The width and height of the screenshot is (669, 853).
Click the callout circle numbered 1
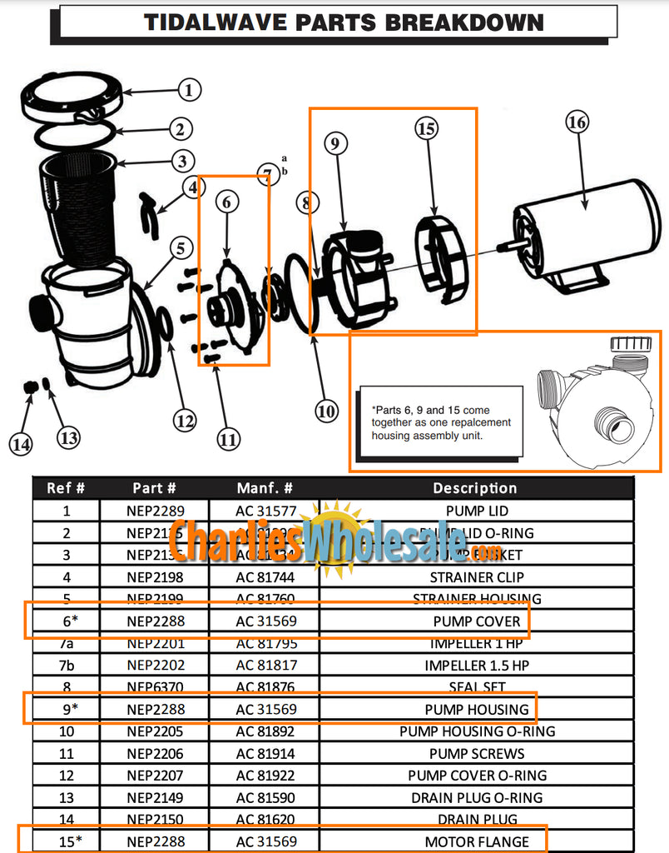coord(189,90)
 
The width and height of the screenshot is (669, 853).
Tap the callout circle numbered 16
coord(577,122)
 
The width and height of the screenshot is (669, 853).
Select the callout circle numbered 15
coord(427,128)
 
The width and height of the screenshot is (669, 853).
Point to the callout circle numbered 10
coord(326,410)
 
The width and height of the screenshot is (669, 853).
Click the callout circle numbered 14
coord(22,444)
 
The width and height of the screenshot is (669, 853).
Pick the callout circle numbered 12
coord(186,421)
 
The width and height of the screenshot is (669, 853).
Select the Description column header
coord(475,488)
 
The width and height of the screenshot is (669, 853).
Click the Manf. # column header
coord(265,488)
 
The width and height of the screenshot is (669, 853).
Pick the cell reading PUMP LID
coord(477,511)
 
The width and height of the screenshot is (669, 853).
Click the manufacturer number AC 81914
coord(265,753)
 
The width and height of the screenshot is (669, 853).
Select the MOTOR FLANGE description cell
coord(477,841)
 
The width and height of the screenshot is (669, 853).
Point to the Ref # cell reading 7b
coord(67,666)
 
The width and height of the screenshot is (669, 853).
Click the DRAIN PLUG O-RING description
coord(477,797)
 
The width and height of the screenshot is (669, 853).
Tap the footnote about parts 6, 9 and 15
coord(441,422)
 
